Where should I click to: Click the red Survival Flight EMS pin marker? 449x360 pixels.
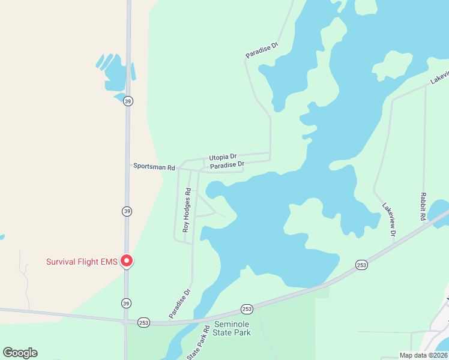click(127, 260)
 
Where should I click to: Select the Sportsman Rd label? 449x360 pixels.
click(154, 166)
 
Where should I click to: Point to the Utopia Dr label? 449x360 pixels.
click(223, 157)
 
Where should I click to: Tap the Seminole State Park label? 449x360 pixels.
click(228, 328)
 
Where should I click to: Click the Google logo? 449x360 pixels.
click(20, 352)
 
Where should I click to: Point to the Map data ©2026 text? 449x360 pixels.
click(423, 355)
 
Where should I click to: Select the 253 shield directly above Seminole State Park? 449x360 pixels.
click(247, 308)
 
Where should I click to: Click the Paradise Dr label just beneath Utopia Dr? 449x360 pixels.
click(228, 164)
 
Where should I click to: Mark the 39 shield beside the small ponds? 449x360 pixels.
click(128, 101)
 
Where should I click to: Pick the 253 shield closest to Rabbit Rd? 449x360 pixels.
click(361, 265)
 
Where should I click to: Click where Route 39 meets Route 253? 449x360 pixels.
click(127, 320)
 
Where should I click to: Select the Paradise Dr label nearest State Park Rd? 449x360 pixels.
click(179, 303)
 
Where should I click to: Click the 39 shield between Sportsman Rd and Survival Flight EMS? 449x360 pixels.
click(127, 211)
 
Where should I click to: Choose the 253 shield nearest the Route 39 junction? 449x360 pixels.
click(143, 322)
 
